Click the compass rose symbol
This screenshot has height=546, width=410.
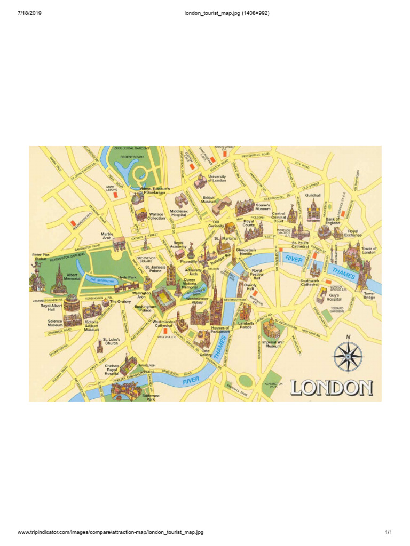tap(348, 356)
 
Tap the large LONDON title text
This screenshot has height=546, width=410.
tap(331, 387)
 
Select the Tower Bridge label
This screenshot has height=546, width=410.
tap(369, 295)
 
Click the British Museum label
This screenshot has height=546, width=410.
tap(208, 200)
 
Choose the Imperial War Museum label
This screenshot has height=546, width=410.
tap(273, 344)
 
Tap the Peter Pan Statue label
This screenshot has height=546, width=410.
tap(40, 257)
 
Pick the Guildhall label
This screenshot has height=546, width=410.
tap(313, 196)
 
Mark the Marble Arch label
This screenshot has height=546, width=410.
tap(107, 236)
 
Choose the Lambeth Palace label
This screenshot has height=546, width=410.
tap(246, 326)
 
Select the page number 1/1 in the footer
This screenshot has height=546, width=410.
tap(389, 532)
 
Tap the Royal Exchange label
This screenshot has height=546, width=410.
tap(353, 234)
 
